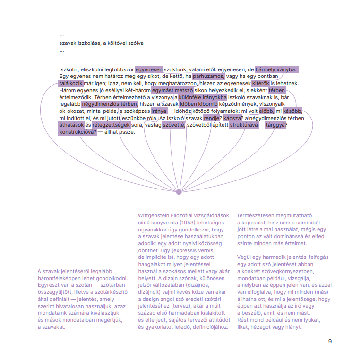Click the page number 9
[x=330, y=341]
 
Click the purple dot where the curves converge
[x=179, y=192]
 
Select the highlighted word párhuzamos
[x=208, y=76]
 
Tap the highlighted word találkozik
[x=70, y=83]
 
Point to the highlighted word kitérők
[x=260, y=83]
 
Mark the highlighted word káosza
[x=232, y=118]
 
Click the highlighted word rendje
[x=212, y=118]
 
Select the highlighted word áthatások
[x=71, y=125]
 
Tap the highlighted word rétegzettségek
[x=111, y=125]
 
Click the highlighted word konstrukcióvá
[x=78, y=132]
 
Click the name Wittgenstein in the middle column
[x=155, y=215]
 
